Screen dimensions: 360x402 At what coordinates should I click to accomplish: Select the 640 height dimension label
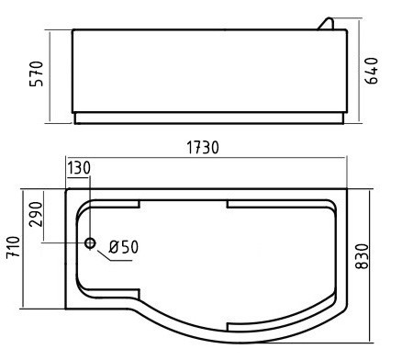373,72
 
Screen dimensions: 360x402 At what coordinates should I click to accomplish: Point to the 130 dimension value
79,169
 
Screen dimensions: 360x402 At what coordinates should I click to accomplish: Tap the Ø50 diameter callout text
124,247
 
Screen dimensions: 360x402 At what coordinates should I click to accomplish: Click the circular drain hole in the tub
90,243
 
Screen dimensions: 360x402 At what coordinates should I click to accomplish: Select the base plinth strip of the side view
208,118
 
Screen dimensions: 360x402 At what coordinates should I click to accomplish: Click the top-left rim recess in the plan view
110,203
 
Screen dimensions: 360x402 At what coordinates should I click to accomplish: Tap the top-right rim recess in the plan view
275,203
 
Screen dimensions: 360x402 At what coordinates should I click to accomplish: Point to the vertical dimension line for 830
372,262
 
